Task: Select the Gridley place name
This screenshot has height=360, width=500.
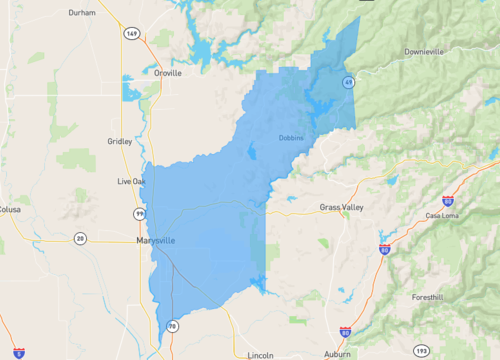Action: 119,141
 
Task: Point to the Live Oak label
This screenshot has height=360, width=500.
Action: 131,181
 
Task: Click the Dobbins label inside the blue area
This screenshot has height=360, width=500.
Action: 291,138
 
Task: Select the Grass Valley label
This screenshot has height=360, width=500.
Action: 341,207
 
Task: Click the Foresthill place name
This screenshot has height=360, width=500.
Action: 432,297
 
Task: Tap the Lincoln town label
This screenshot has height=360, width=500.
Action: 260,354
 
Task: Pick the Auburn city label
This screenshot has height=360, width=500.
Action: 337,354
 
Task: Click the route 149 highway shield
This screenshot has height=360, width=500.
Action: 131,33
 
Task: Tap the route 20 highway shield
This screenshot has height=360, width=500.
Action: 80,238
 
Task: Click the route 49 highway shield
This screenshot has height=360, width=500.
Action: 348,82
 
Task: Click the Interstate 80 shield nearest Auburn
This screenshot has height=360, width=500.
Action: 345,330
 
